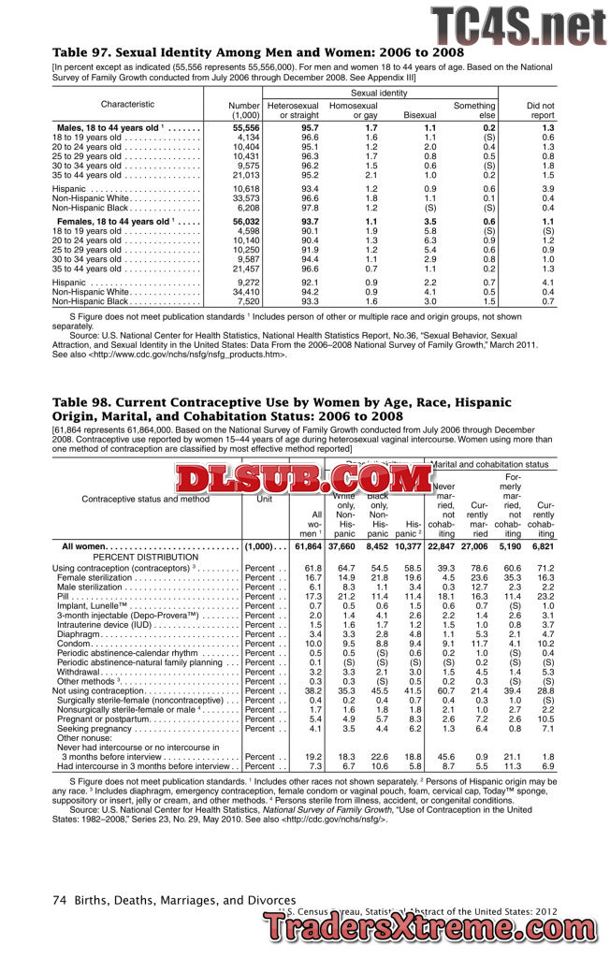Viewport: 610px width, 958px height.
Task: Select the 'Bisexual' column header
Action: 419,115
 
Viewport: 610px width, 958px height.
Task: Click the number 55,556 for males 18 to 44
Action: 245,126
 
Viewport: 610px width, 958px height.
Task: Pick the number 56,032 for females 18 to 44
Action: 245,221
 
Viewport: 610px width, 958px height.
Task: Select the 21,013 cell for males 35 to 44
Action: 245,175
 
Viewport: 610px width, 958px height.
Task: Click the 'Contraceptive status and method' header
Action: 146,499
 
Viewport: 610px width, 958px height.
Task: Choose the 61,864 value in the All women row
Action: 308,545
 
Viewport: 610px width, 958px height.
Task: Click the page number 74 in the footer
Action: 58,900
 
